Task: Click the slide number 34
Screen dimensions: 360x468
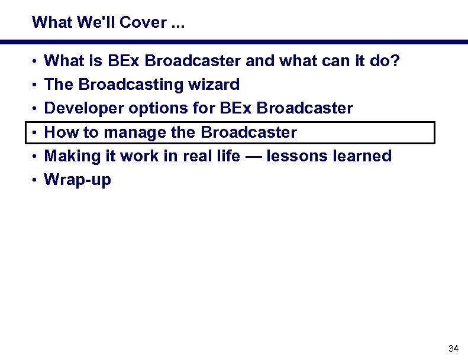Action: coord(454,348)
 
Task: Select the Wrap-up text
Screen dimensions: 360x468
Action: coord(78,180)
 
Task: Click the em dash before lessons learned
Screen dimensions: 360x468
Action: coord(253,157)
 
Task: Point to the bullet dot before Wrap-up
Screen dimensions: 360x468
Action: coord(36,180)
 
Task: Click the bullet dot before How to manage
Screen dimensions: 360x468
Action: coord(36,133)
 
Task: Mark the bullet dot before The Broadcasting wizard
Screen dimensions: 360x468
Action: coord(36,85)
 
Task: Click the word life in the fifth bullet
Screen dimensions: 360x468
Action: coord(228,156)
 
